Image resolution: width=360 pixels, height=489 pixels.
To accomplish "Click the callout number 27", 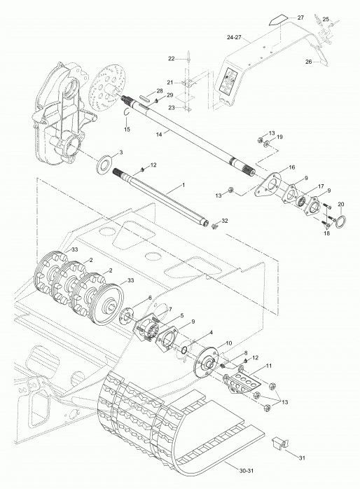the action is click(x=300, y=18).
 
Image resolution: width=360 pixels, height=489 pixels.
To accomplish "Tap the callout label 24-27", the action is click(x=235, y=37).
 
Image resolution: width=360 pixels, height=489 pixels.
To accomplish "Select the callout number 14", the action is click(x=159, y=134).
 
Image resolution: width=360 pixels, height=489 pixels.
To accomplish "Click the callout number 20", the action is click(x=341, y=204).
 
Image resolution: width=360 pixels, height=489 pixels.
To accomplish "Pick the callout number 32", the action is click(x=224, y=221).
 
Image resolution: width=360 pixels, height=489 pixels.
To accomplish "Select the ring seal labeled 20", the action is click(x=340, y=222).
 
